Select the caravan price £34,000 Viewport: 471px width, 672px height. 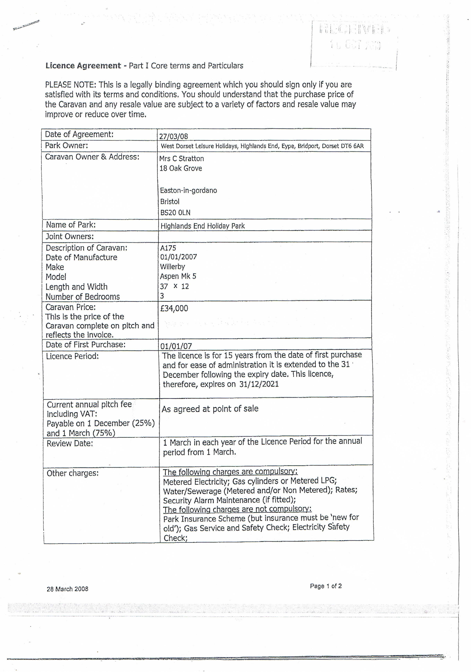[174, 308]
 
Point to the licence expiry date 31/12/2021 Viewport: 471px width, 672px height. [259, 384]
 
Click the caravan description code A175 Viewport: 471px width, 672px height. [168, 248]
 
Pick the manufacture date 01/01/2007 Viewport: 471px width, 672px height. [179, 257]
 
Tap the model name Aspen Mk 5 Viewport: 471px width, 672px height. [178, 276]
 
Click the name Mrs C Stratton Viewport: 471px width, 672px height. [181, 159]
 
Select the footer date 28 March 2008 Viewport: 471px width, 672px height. [67, 589]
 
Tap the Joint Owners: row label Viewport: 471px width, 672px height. [70, 236]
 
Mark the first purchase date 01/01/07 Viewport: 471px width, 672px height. [176, 346]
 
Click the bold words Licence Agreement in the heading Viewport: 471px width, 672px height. [83, 66]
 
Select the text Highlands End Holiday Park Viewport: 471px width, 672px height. [202, 226]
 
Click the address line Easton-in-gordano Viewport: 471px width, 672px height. [188, 190]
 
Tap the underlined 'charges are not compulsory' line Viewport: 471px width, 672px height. [237, 509]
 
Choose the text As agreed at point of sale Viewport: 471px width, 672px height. [210, 409]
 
